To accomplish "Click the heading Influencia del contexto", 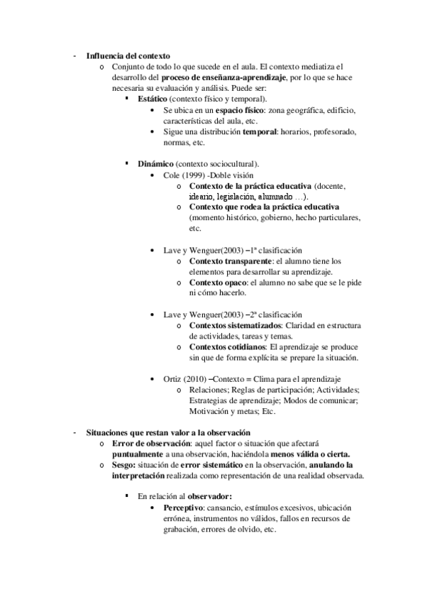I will point(128,56).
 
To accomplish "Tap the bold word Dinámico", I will point(155,164).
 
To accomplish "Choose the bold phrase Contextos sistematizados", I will point(231,325).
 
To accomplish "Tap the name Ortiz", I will point(173,379).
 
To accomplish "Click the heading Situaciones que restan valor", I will point(169,433).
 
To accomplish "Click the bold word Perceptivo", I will point(182,508).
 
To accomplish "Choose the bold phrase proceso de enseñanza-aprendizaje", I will point(223,77).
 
